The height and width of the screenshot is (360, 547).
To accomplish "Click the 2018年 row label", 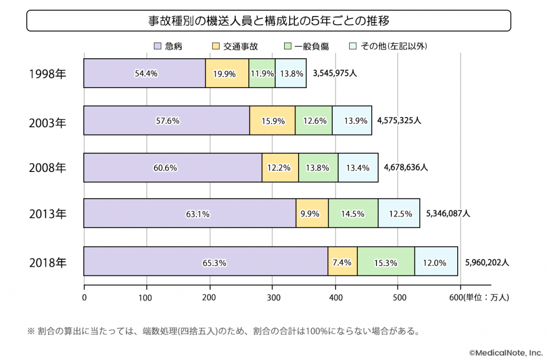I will [48, 263].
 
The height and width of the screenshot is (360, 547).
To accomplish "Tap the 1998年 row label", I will [48, 74].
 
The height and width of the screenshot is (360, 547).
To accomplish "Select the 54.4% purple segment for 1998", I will [145, 74].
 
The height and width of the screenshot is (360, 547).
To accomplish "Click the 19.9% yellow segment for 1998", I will [226, 74].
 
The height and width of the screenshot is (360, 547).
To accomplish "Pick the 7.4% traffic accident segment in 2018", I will [342, 262].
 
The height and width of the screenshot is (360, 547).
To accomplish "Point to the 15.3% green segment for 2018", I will [386, 262].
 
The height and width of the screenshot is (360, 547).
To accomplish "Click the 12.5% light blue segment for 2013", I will [399, 214].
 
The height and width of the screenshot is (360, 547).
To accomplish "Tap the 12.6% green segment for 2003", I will [314, 121].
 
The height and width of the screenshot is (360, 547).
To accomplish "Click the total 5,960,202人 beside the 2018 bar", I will [487, 262].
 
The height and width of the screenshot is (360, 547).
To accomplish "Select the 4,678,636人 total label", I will [406, 167].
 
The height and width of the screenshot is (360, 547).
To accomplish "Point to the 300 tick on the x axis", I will [272, 298].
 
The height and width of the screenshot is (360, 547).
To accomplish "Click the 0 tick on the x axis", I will [84, 298].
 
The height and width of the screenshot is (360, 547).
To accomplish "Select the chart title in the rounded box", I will [268, 22].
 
